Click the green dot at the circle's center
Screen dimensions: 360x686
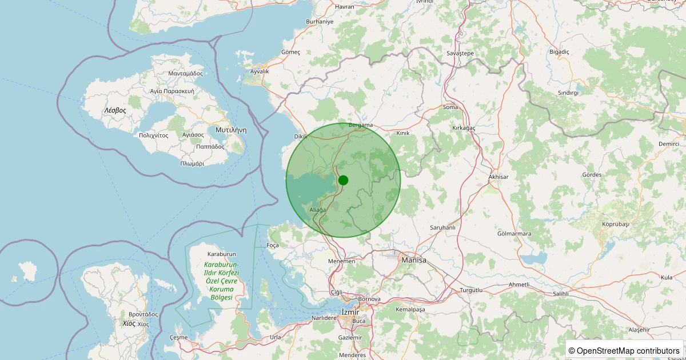tap(343, 180)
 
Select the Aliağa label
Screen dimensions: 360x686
tap(317, 210)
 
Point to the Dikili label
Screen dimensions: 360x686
tap(301, 137)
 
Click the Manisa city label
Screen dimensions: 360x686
tap(414, 260)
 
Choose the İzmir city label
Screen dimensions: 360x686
tap(349, 311)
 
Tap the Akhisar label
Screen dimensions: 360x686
tap(498, 177)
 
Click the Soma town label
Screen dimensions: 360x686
tap(450, 107)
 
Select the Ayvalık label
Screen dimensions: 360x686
tap(260, 71)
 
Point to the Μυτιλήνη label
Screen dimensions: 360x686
tap(231, 130)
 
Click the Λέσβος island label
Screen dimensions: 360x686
tap(115, 110)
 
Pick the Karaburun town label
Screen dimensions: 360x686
tap(222, 254)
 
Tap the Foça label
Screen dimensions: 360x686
tap(273, 245)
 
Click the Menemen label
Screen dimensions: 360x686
tap(342, 261)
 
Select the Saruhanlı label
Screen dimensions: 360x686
tap(442, 227)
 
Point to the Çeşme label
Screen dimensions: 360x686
tap(178, 337)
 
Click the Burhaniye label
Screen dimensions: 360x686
tap(320, 21)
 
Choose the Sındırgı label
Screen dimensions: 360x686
tap(568, 93)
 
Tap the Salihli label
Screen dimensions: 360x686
tap(560, 293)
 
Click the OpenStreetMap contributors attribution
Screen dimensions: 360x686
tap(624, 350)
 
